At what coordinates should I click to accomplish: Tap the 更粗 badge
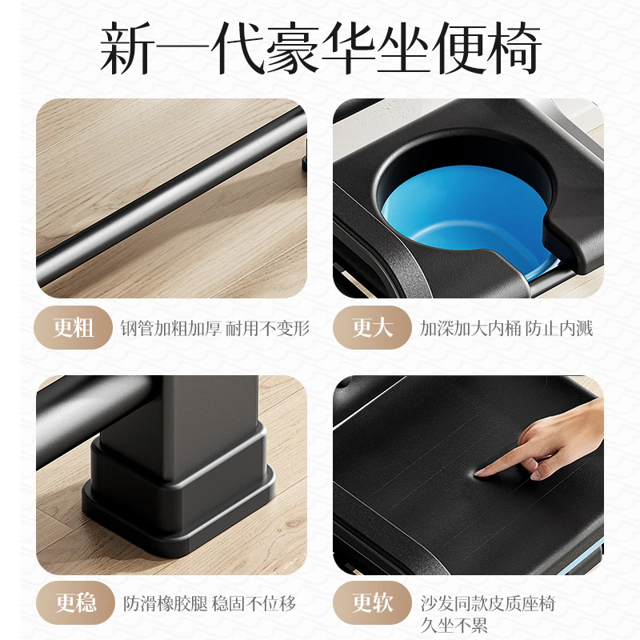point(73,328)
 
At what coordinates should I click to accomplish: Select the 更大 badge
point(372,328)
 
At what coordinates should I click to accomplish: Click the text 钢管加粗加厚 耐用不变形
point(214,328)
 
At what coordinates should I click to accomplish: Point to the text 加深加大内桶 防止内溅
point(506,328)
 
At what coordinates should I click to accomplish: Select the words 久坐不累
point(454,626)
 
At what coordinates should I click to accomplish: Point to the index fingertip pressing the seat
point(480,474)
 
